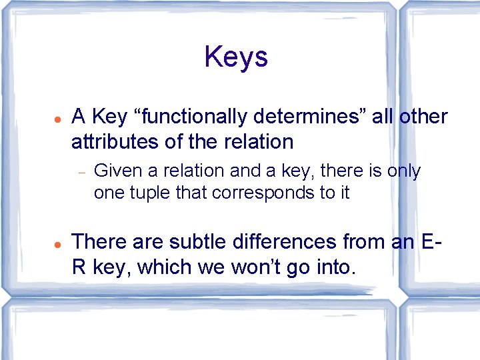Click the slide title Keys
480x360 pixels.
[x=236, y=57]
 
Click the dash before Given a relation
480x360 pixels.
[x=80, y=172]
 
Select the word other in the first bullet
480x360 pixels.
[x=423, y=117]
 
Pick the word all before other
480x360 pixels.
[x=382, y=117]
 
